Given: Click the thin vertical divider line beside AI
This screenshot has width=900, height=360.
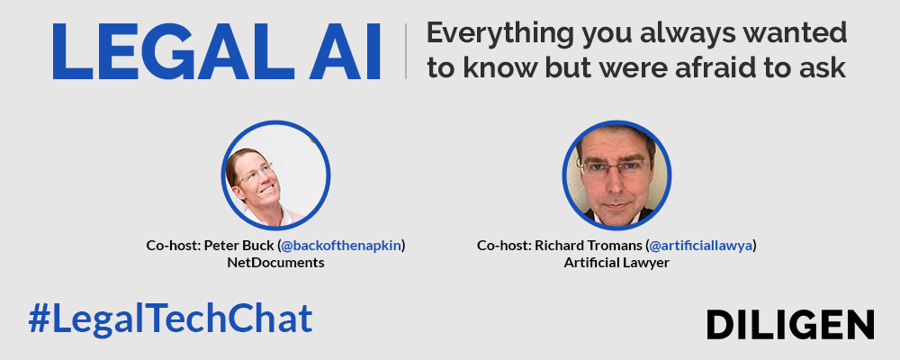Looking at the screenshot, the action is [x=405, y=51].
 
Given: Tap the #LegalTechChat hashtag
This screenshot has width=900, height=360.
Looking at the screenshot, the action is [x=170, y=319].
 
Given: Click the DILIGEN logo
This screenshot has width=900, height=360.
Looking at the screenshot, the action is [x=790, y=324].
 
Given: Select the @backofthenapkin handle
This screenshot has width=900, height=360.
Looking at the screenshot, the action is [x=341, y=246].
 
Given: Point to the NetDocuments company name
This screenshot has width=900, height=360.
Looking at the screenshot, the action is [x=275, y=264].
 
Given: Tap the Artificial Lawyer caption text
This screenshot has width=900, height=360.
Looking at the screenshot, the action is [x=616, y=264].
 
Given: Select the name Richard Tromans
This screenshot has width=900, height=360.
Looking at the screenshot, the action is [x=589, y=246].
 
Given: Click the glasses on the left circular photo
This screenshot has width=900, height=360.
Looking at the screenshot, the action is [x=255, y=174].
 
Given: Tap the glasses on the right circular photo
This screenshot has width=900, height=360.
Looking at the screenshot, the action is [x=614, y=167].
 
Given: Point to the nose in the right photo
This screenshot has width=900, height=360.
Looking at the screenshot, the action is [x=616, y=183].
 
